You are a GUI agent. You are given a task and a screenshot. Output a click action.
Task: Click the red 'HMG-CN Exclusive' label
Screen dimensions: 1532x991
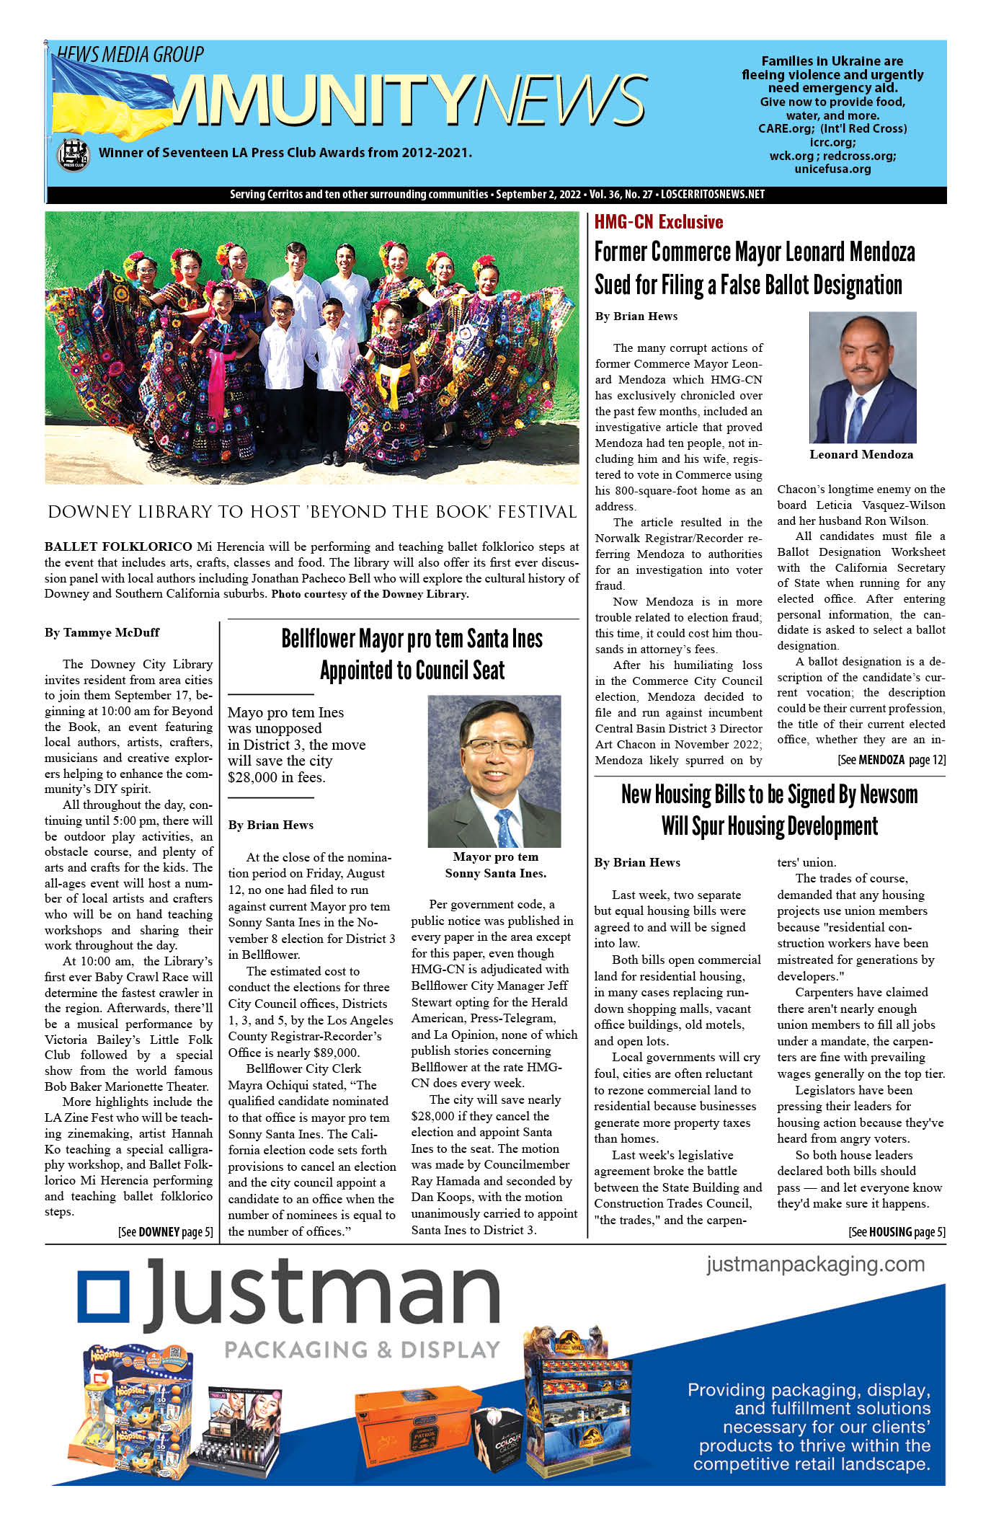[x=658, y=222]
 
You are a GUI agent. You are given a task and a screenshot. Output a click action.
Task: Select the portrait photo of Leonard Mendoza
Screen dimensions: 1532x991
[x=862, y=377]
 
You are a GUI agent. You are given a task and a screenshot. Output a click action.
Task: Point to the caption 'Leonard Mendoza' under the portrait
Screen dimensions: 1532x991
[x=861, y=455]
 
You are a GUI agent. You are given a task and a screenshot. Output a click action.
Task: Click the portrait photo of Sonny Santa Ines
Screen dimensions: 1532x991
[x=494, y=771]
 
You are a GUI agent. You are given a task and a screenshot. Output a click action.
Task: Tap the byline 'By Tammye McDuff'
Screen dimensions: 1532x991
[x=102, y=633]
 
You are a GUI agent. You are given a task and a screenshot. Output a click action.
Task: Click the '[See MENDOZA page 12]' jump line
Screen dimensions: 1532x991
[x=891, y=760]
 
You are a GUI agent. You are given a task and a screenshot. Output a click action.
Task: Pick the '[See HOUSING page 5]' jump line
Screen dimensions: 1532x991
[x=896, y=1232]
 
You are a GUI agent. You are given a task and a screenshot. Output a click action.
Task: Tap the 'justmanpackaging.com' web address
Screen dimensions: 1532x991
[x=815, y=1265]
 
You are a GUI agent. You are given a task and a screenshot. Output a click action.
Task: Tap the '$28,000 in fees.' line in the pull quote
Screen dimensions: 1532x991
[x=276, y=777]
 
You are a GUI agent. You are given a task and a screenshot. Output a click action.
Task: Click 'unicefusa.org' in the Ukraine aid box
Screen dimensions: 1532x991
[x=832, y=169]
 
